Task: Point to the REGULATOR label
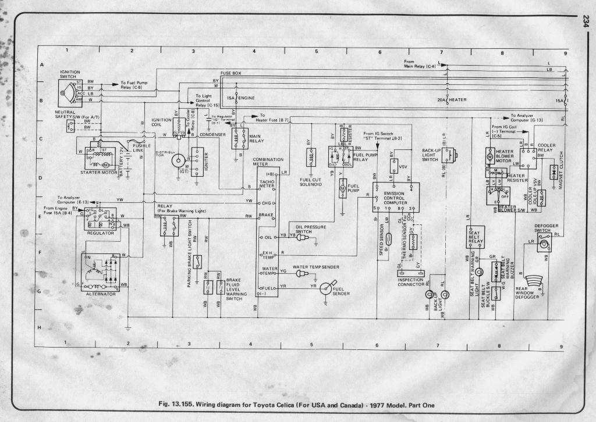click(x=100, y=233)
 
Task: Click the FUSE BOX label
click(x=230, y=73)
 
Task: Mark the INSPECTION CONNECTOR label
click(x=411, y=282)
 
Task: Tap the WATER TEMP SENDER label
click(x=315, y=267)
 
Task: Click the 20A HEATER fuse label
click(x=453, y=100)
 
